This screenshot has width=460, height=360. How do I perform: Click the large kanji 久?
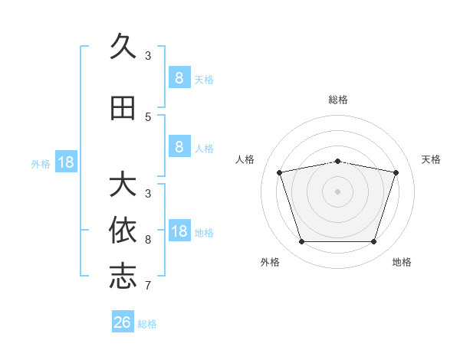[x=123, y=46]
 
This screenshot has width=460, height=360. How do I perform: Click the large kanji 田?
[x=123, y=108]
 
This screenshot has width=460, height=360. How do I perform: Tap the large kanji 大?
[x=123, y=183]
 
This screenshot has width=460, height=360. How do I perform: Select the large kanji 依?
[x=123, y=230]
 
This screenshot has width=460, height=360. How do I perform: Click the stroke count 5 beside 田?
[x=148, y=117]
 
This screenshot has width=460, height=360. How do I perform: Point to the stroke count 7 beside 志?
[x=148, y=286]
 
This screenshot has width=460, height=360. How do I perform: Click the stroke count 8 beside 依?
[x=148, y=240]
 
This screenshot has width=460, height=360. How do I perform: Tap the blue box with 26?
[x=123, y=321]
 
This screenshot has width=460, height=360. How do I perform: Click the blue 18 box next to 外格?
[x=66, y=162]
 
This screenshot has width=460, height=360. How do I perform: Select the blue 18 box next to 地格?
[x=180, y=230]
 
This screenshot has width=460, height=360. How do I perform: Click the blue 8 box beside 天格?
[x=180, y=77]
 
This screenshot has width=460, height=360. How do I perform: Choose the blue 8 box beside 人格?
[x=180, y=146]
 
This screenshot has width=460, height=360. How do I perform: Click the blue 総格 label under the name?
[x=147, y=324]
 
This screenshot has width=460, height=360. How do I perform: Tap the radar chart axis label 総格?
[x=338, y=100]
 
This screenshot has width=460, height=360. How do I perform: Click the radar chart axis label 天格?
[x=431, y=159]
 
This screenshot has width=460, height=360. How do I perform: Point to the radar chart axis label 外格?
[x=270, y=262]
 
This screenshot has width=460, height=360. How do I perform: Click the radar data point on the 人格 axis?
[x=279, y=172]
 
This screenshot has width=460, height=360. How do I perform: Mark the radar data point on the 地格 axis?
[x=374, y=241]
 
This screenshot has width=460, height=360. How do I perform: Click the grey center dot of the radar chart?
[x=337, y=191]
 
